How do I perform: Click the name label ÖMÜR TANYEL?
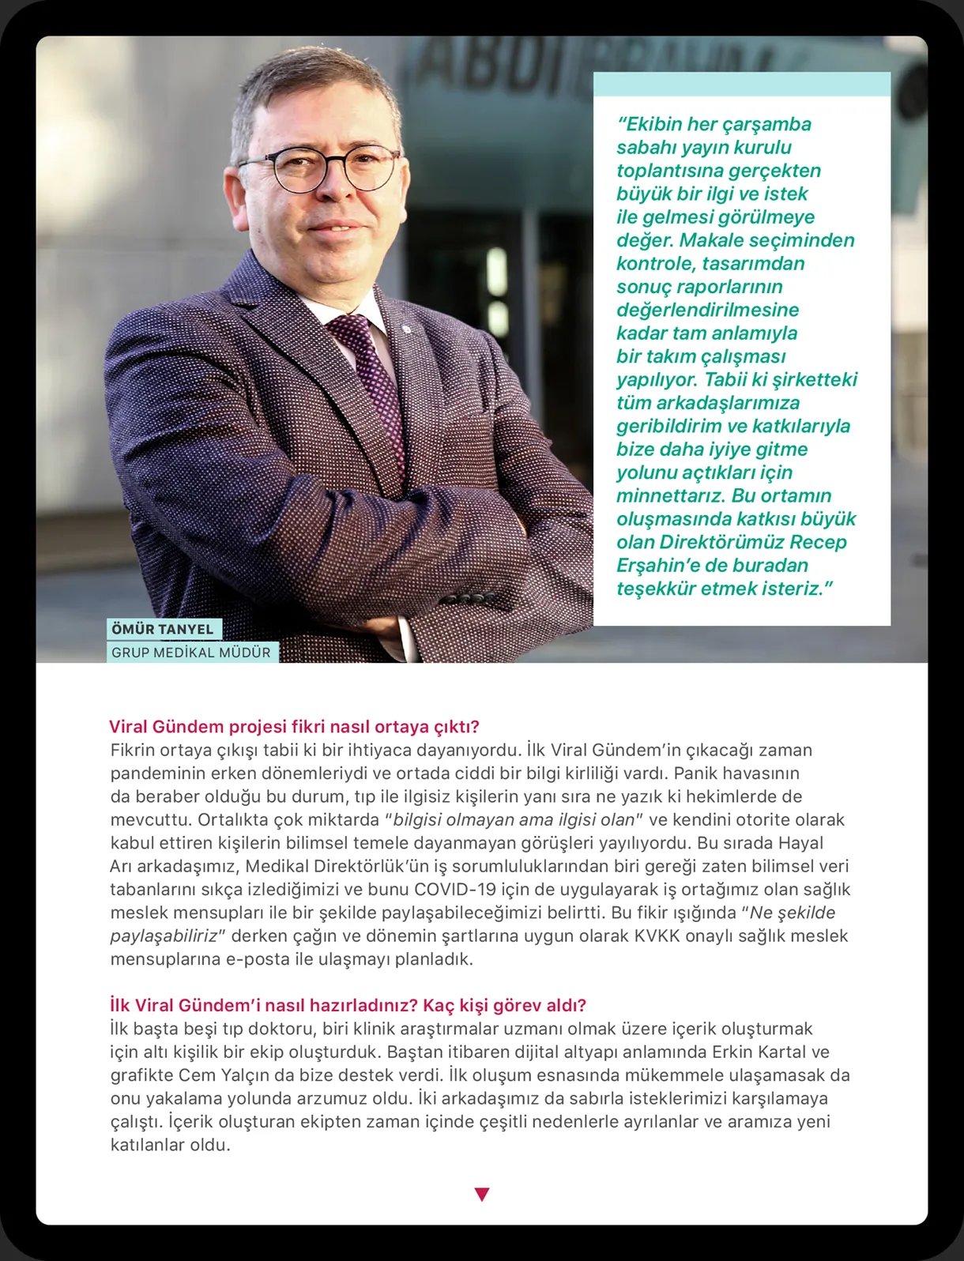pos(163,629)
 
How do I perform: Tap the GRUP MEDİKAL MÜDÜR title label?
pos(191,653)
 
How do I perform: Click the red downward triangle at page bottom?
pos(482,1194)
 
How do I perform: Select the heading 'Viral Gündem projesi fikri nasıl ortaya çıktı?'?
pos(294,727)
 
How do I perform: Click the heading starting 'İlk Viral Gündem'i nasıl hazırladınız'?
pos(348,1005)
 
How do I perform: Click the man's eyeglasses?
pos(320,167)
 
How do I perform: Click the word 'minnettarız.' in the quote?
pos(671,495)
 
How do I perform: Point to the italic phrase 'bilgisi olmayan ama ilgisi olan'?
pos(514,819)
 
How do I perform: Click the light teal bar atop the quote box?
pos(741,85)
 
